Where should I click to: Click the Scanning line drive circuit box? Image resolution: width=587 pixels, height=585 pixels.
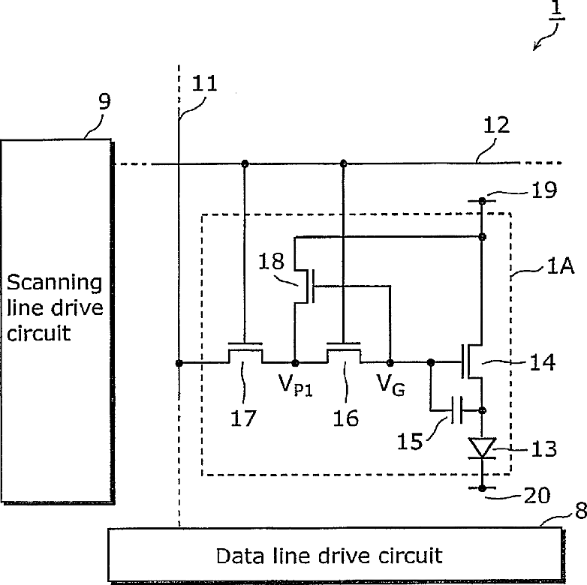click(x=57, y=322)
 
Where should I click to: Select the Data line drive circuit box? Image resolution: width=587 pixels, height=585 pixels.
click(x=336, y=556)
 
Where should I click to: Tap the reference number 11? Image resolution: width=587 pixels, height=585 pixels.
click(x=204, y=83)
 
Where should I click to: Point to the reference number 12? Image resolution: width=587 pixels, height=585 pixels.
click(x=496, y=125)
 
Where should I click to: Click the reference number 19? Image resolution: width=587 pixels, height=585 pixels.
click(x=544, y=190)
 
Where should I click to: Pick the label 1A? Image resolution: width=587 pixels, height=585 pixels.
click(x=560, y=266)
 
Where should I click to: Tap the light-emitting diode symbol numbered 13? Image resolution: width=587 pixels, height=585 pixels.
click(x=482, y=448)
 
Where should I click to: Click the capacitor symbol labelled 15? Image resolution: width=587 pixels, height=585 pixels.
click(x=457, y=410)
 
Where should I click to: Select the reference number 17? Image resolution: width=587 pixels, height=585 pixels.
click(x=243, y=418)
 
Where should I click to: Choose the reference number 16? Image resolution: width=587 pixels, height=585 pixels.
click(x=345, y=418)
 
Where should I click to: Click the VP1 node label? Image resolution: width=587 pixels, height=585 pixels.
click(x=295, y=385)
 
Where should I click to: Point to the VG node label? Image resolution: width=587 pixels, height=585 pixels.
click(x=391, y=385)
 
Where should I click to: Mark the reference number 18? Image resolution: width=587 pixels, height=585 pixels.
click(x=271, y=261)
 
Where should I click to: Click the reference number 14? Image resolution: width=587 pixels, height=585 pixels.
click(x=542, y=362)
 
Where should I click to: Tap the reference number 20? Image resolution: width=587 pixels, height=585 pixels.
click(x=537, y=496)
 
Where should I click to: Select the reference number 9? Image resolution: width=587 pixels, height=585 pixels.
click(x=104, y=101)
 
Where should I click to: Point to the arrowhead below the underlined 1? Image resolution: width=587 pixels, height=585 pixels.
click(x=537, y=46)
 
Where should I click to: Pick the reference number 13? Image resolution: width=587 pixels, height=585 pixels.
click(x=544, y=448)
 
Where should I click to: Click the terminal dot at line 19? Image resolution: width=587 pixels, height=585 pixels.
click(x=482, y=201)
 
